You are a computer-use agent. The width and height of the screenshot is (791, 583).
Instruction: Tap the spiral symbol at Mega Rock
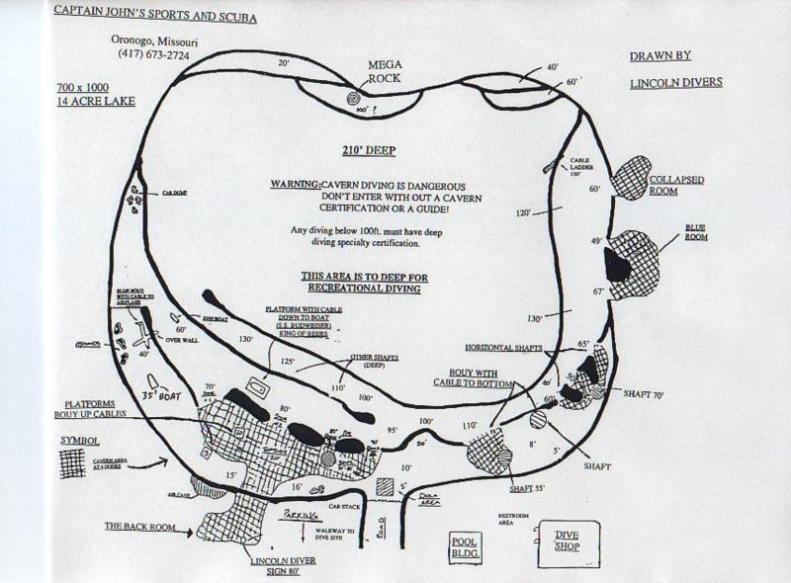(354, 98)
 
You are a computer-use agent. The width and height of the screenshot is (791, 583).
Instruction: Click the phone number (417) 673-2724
(152, 55)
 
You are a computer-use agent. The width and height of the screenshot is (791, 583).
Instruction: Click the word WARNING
(295, 185)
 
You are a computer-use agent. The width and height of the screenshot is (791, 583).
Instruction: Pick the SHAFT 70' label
(643, 394)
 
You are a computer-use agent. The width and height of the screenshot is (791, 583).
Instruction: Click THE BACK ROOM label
(138, 527)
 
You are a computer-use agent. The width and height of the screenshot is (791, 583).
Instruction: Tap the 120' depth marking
(523, 211)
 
